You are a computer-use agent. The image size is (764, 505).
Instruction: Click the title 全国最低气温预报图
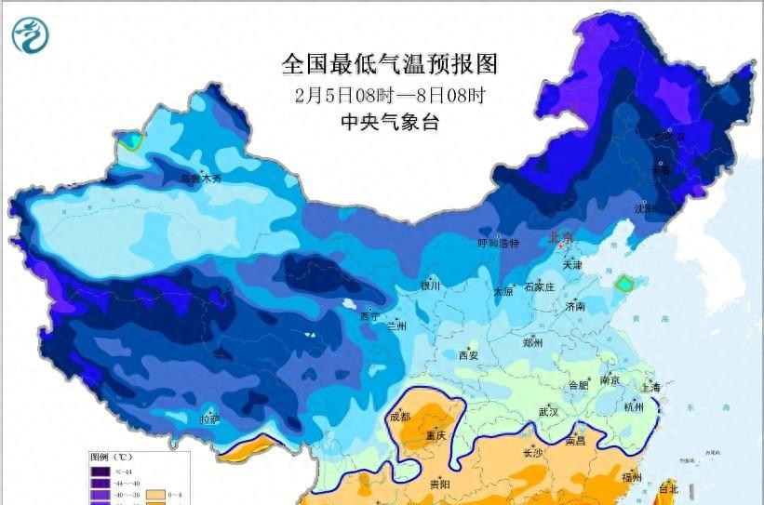click(x=390, y=64)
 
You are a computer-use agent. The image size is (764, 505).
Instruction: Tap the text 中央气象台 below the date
click(x=390, y=121)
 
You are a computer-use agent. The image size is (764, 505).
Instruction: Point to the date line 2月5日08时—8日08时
click(x=390, y=94)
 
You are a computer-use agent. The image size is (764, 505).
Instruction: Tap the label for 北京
click(x=561, y=237)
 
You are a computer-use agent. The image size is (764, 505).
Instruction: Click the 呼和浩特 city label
click(x=498, y=244)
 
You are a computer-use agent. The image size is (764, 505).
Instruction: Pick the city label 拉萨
click(x=210, y=419)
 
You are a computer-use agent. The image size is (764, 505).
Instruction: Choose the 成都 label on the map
click(x=400, y=417)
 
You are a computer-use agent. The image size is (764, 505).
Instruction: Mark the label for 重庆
click(x=436, y=435)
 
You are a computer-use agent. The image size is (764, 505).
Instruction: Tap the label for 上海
click(x=650, y=387)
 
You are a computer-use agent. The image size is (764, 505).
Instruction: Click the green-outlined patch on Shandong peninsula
click(x=627, y=279)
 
